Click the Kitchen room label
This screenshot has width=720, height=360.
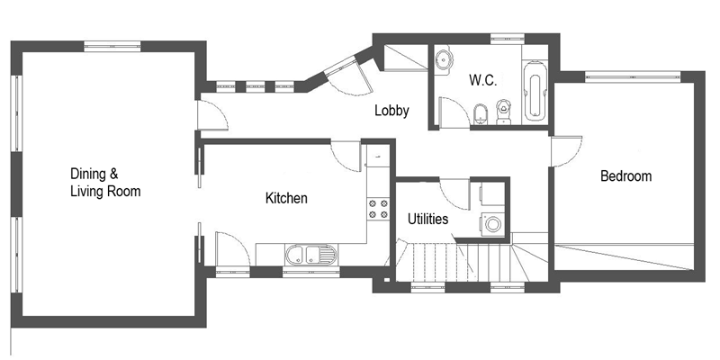coord(286,198)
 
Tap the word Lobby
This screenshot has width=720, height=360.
coord(391,111)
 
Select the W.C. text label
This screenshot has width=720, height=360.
coord(482,80)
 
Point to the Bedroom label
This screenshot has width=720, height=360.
coord(625,175)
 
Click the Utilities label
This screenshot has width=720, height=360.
coord(428,219)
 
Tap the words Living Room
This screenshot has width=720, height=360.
coord(105,191)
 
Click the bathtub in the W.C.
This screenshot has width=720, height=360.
coord(535,91)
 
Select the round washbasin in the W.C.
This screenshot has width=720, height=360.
coord(444,58)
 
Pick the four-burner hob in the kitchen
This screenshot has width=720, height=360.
coord(378,209)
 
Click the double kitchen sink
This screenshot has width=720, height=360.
coord(310,255)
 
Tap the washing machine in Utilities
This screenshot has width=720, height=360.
coord(492,224)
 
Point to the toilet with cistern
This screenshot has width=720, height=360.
coord(503,112)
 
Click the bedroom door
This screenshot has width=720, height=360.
coord(566,151)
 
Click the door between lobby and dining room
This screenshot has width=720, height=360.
coord(212,115)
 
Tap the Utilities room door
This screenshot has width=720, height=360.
coord(454,193)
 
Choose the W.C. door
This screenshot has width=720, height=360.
coord(454,112)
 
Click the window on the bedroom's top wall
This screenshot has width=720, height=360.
coord(633,76)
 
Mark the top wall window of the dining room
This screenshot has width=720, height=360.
coord(112,47)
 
